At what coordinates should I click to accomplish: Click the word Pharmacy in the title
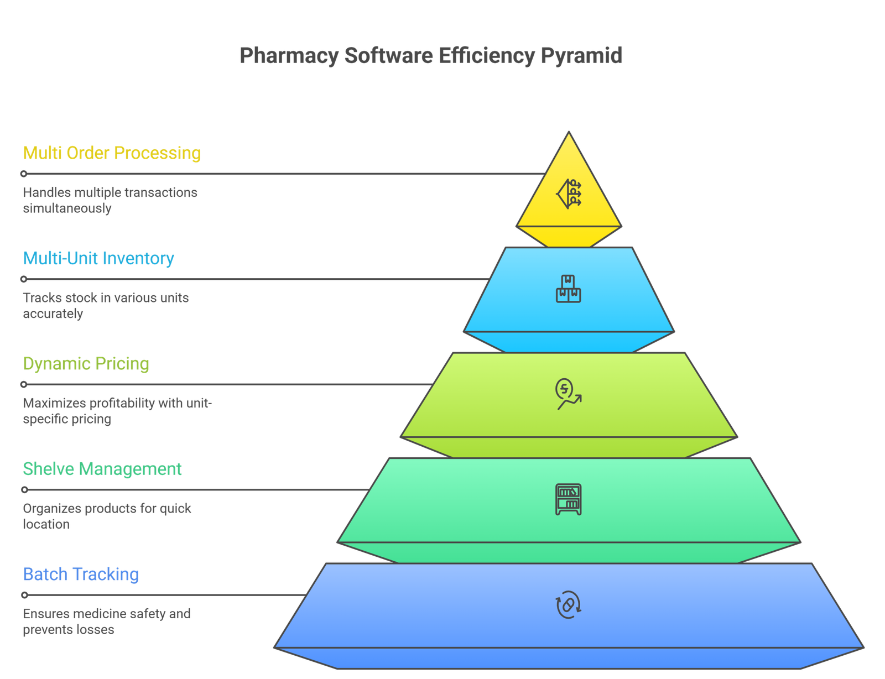[289, 56]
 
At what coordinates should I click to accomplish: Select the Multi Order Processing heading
[112, 153]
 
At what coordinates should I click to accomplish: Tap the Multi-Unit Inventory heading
[98, 258]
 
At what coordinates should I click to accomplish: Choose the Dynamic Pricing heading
[86, 364]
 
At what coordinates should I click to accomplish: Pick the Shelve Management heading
[102, 469]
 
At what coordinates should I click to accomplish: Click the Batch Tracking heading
[81, 574]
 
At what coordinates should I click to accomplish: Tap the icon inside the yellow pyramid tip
[569, 194]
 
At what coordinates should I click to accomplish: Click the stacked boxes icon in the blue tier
[569, 289]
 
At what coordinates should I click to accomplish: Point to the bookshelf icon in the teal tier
[569, 499]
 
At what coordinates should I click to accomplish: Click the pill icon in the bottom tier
[569, 604]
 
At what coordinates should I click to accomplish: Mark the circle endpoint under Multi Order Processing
[24, 174]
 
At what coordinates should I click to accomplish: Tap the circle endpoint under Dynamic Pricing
[24, 384]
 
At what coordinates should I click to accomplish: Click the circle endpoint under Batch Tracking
[24, 595]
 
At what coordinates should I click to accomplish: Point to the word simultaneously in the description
[67, 208]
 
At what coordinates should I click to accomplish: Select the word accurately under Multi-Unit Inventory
[53, 314]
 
